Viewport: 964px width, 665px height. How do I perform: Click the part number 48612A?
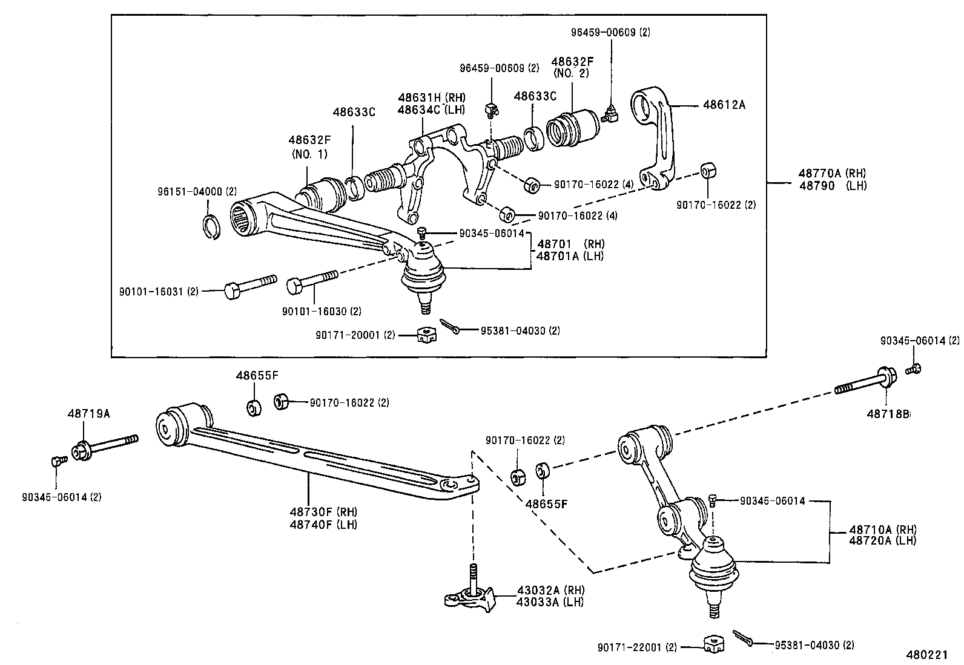point(724,105)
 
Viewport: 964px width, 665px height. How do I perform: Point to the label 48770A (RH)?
point(833,172)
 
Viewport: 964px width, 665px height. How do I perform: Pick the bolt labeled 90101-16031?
point(249,287)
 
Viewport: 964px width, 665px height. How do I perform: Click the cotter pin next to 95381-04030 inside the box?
point(450,327)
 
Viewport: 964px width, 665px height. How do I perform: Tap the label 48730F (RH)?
point(323,513)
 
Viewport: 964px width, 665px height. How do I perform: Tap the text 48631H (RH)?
point(431,98)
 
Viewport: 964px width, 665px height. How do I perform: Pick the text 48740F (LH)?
point(323,524)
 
